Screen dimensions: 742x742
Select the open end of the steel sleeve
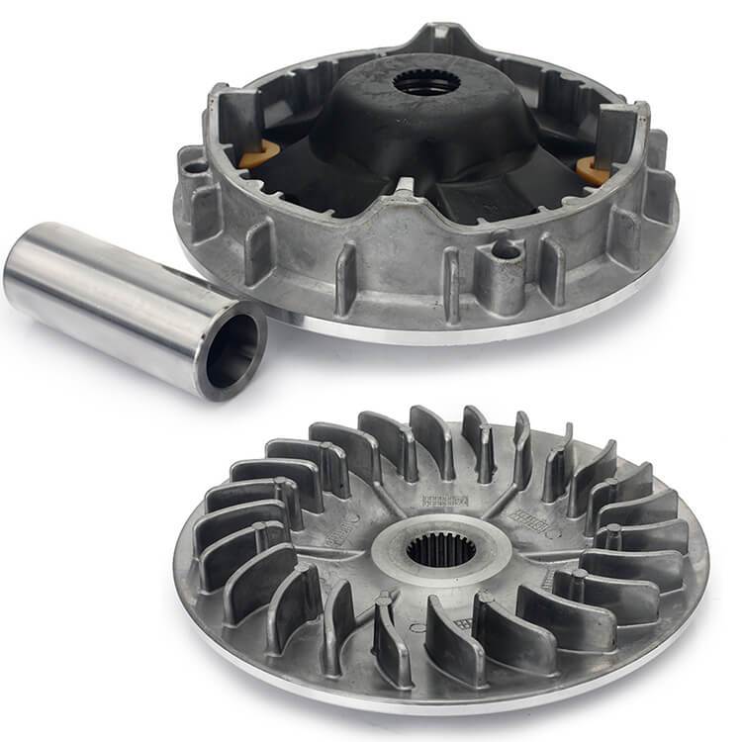tap(232, 347)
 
